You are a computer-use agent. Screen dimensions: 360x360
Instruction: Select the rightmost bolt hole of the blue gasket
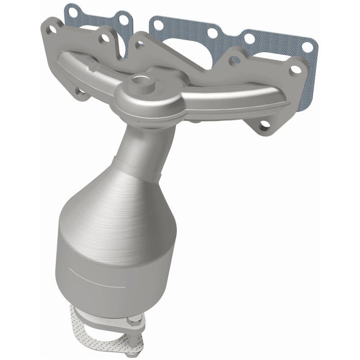point(307,47)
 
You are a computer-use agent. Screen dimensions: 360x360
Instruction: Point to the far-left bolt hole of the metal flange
point(52,30)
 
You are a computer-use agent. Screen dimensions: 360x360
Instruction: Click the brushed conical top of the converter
point(112,198)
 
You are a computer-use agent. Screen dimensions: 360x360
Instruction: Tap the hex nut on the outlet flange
point(130,323)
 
